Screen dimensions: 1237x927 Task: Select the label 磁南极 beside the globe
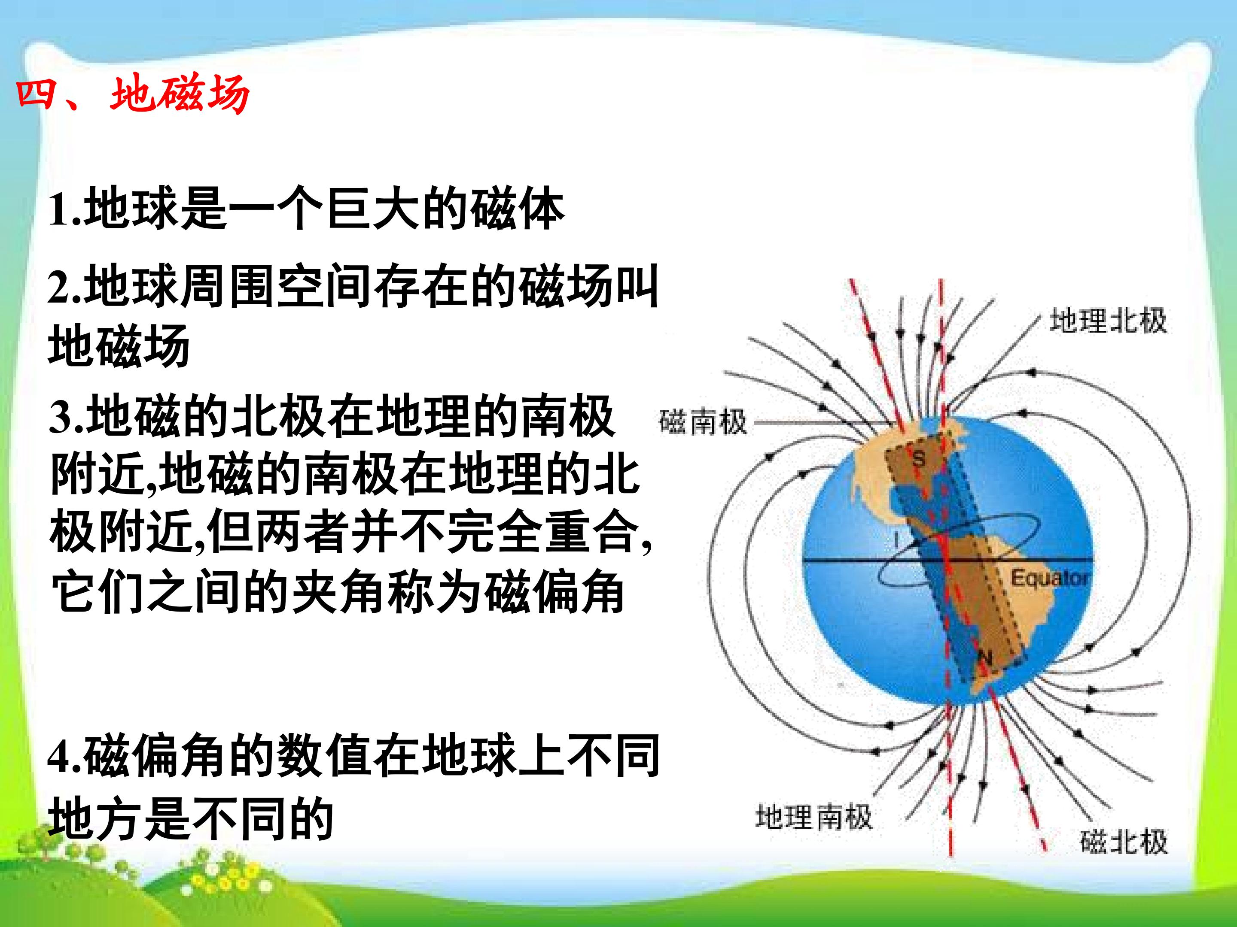click(x=703, y=422)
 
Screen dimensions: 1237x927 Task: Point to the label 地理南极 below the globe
click(x=813, y=817)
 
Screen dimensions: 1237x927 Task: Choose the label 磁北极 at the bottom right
click(x=1124, y=842)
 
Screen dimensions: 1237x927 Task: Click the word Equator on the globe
click(x=1050, y=578)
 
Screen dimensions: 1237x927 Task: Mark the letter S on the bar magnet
click(x=919, y=458)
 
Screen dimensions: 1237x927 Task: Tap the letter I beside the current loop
click(x=897, y=540)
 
